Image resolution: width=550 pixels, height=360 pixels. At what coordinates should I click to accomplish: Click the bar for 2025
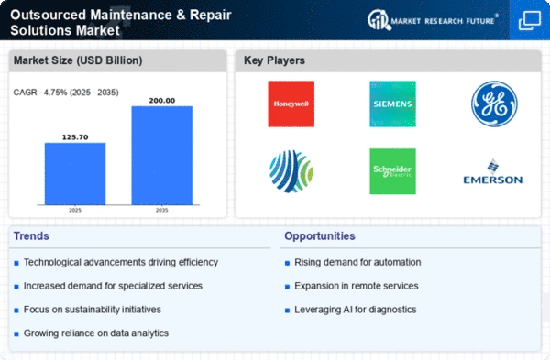pos(75,173)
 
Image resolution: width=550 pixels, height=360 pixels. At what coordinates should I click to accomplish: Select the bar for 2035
pos(162,156)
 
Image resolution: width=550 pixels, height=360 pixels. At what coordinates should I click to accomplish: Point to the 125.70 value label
pos(75,137)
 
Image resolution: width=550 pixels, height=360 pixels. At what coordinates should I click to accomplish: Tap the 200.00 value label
pos(162,101)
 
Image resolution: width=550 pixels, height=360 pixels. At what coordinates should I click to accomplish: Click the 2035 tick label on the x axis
pos(161,211)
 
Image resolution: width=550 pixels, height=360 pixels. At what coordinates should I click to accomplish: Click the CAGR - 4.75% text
pos(40,93)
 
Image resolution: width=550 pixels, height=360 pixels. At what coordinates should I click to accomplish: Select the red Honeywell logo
pos(291,104)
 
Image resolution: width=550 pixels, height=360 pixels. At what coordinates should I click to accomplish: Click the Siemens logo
pos(392,104)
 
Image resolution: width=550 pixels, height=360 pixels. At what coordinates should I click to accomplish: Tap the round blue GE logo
pos(494,104)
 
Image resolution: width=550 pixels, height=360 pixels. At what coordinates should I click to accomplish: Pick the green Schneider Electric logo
pos(392,171)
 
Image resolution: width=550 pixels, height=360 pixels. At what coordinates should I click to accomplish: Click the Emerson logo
pos(493,172)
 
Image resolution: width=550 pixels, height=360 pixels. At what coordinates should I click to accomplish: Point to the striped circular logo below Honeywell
pos(291,171)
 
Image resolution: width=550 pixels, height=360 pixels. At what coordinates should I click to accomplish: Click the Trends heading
pos(31,236)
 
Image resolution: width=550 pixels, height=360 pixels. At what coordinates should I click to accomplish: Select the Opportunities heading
pos(320,236)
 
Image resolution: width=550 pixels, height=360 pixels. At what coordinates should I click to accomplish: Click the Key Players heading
pos(274,60)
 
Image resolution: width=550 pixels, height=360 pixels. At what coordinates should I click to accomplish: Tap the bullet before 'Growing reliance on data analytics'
pos(16,334)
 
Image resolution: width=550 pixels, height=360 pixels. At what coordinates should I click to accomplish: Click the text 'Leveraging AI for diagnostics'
pos(356,310)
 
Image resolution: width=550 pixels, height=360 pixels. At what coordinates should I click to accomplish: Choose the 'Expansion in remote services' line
pos(357,286)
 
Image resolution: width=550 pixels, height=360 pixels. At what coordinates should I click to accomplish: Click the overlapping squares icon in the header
pos(530,20)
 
